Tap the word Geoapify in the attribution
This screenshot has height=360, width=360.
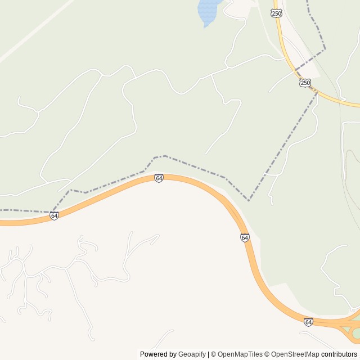click(x=192, y=354)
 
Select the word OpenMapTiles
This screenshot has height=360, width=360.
click(x=240, y=354)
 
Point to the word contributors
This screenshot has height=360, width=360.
click(x=339, y=354)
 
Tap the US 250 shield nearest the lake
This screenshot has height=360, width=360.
click(x=277, y=13)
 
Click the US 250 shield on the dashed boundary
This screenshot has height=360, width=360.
click(x=305, y=83)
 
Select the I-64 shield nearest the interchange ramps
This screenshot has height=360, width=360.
click(x=308, y=322)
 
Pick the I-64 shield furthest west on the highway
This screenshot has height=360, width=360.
click(x=54, y=215)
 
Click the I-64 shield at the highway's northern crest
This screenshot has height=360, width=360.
click(x=159, y=178)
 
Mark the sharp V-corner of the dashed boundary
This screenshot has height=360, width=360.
click(x=249, y=200)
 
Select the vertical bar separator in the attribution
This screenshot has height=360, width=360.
click(x=209, y=354)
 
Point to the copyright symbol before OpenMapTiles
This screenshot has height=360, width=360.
click(x=214, y=354)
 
